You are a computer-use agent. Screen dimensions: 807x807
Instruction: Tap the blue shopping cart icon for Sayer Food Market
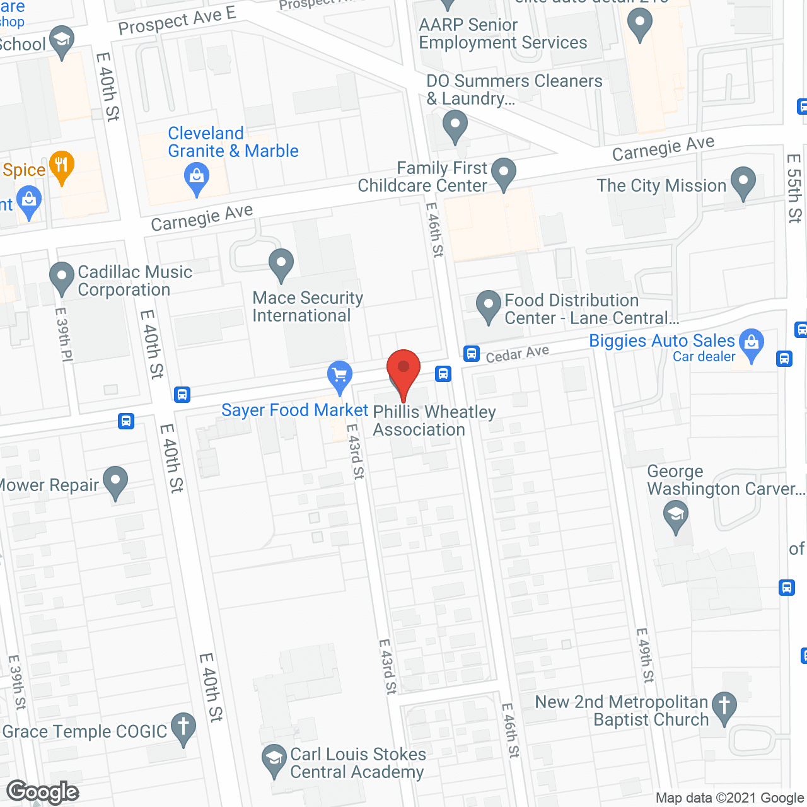[340, 376]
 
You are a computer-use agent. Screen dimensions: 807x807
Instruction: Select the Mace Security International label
[308, 306]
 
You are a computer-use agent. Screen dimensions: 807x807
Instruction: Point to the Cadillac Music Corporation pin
[62, 277]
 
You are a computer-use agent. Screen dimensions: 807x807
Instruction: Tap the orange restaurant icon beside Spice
[62, 167]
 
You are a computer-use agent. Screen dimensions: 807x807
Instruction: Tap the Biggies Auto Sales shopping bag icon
[752, 344]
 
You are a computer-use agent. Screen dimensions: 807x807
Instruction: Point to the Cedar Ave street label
[517, 354]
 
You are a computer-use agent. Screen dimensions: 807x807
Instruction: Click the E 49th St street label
[645, 655]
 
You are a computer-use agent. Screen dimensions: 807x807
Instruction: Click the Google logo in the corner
[43, 792]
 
